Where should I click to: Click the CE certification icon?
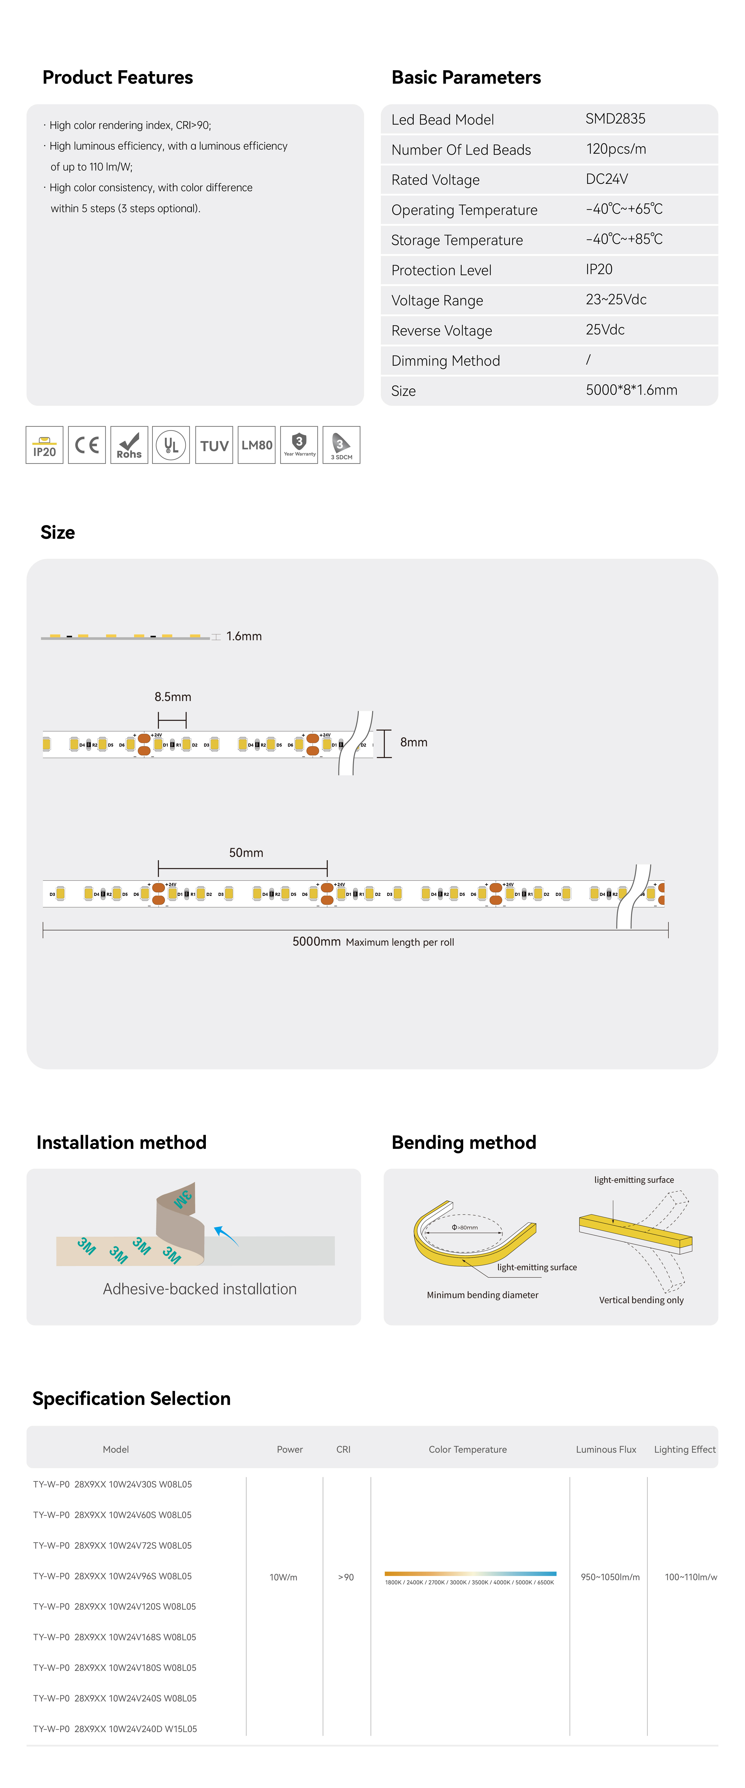pyautogui.click(x=87, y=445)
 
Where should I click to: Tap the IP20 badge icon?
pyautogui.click(x=44, y=445)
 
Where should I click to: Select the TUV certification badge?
pyautogui.click(x=214, y=445)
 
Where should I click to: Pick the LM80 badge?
pyautogui.click(x=256, y=445)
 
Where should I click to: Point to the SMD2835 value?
pyautogui.click(x=615, y=119)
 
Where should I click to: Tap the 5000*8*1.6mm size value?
pyautogui.click(x=631, y=390)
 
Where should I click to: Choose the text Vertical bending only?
pyautogui.click(x=641, y=1300)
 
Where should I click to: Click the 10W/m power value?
pyautogui.click(x=283, y=1577)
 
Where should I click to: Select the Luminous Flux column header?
pyautogui.click(x=605, y=1449)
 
